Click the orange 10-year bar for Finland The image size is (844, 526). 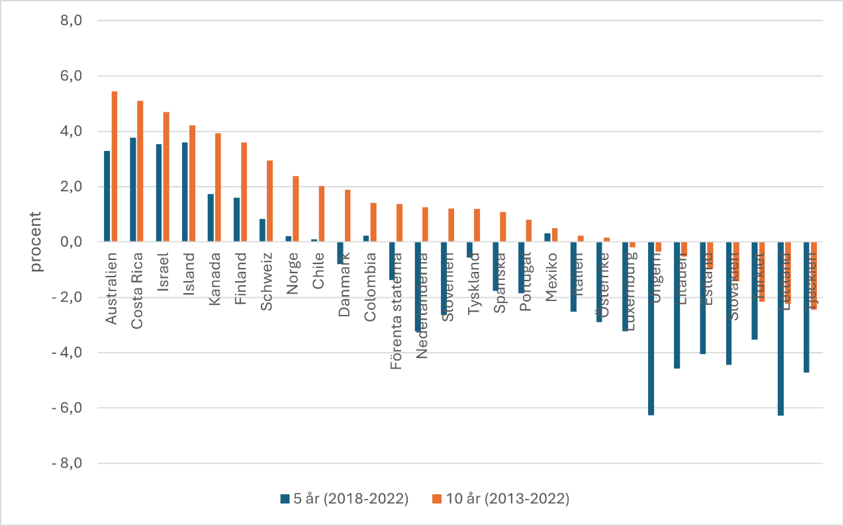point(244,192)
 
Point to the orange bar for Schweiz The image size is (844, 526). point(269,201)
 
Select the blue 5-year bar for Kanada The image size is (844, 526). point(211,218)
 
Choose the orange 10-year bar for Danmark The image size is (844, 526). point(348,216)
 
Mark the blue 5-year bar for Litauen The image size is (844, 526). point(677,305)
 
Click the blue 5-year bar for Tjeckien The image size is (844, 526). point(806,307)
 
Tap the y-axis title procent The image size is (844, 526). point(36,242)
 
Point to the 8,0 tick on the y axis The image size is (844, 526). point(70,21)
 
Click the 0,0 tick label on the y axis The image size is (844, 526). point(70,242)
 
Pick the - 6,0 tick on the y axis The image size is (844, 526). point(66,408)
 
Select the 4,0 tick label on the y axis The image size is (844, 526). point(70,132)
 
